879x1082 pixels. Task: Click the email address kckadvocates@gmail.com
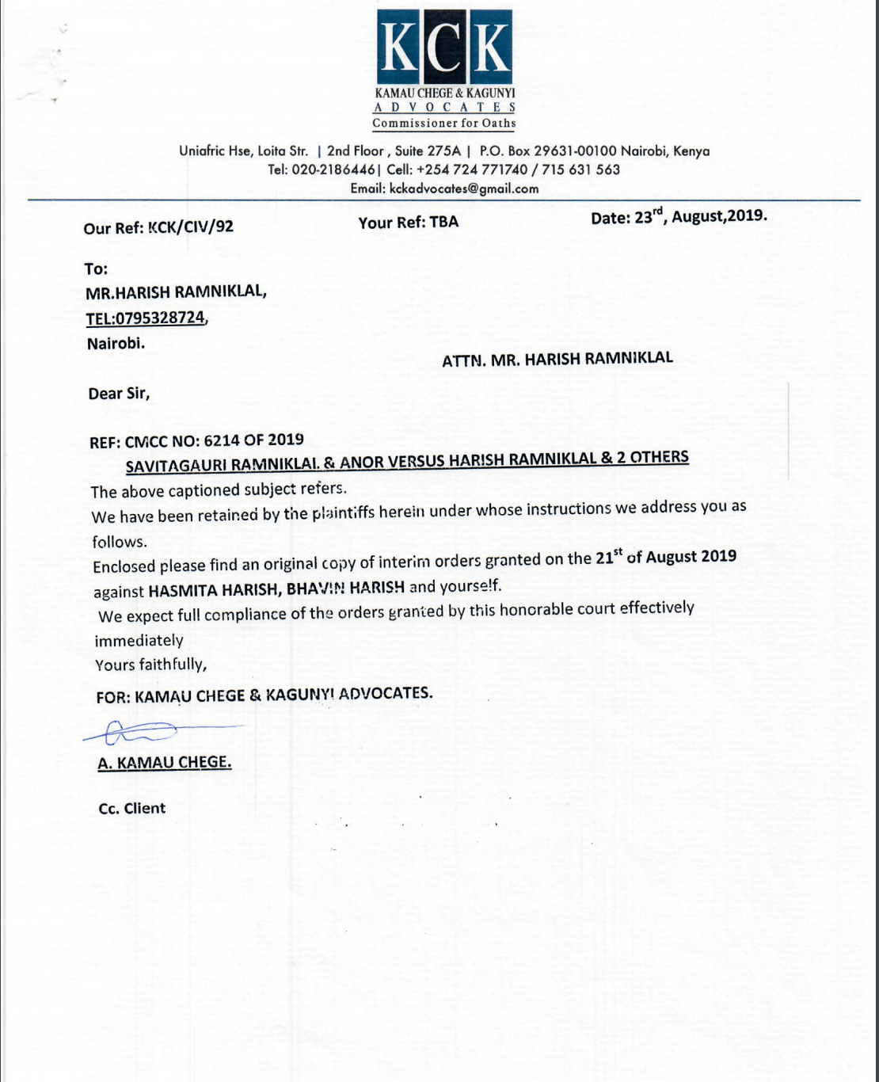[x=464, y=189]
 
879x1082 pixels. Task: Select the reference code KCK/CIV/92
[x=191, y=227]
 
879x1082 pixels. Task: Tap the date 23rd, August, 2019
[x=679, y=216]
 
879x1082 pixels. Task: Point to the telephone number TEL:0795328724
[x=146, y=318]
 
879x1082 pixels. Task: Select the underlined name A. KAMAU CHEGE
[x=165, y=763]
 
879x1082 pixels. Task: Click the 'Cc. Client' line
[x=132, y=809]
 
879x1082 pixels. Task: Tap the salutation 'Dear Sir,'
[x=119, y=394]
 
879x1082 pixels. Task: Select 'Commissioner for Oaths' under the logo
[x=444, y=124]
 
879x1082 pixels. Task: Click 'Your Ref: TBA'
[x=408, y=223]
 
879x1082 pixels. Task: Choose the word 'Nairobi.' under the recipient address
[x=116, y=344]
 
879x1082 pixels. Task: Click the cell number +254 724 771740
[x=471, y=170]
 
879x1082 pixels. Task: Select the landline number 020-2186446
[x=333, y=170]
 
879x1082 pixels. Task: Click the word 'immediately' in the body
[x=139, y=640]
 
